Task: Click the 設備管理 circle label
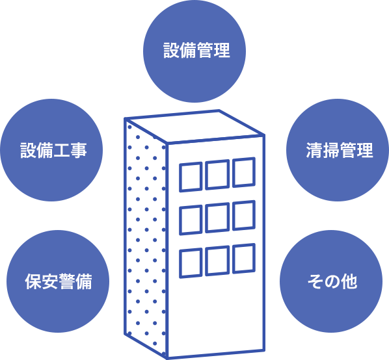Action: [x=196, y=50]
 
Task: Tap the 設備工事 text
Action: [x=53, y=150]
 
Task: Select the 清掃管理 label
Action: [x=340, y=150]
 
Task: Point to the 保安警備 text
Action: [x=59, y=281]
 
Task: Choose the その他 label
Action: [x=332, y=281]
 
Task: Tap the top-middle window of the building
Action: [x=217, y=175]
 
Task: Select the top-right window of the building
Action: [x=244, y=172]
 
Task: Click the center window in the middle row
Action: [x=217, y=218]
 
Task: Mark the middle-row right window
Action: [x=244, y=215]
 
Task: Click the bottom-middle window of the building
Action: [x=217, y=261]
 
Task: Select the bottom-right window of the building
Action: [x=244, y=259]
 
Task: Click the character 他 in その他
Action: [x=349, y=281]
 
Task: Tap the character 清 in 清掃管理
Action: [x=314, y=150]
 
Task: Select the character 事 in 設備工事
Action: [x=79, y=150]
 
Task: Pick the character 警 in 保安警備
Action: [x=67, y=281]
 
